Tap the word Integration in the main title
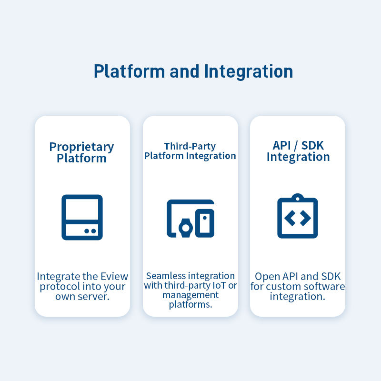click(248, 71)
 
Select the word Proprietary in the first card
click(82, 147)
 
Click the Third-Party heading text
click(190, 146)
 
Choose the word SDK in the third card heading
click(312, 146)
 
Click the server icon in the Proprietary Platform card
click(82, 217)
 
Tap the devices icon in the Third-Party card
click(190, 219)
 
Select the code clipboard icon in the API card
click(298, 217)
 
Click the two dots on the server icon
click(90, 231)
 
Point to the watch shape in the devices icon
click(184, 228)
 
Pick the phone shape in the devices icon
click(205, 222)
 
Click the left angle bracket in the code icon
click(290, 218)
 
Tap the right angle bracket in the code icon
click(305, 218)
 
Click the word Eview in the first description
click(115, 276)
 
